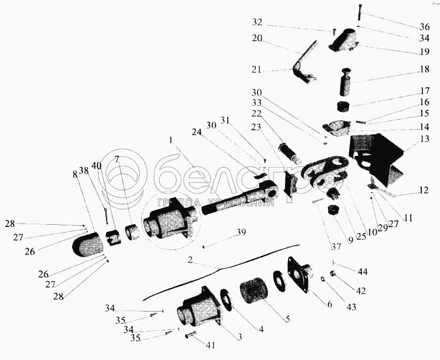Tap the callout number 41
tap(211, 345)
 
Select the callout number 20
tap(257, 38)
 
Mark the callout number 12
tap(422, 191)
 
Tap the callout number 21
tap(257, 71)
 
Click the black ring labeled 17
tap(344, 106)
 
